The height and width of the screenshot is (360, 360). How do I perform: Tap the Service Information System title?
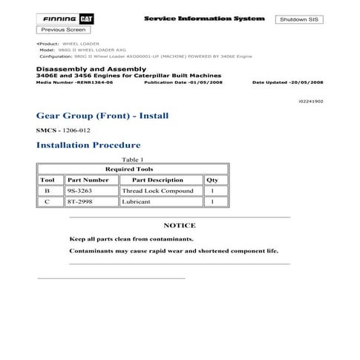pyautogui.click(x=194, y=17)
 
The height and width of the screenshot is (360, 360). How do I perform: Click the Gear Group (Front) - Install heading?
pyautogui.click(x=102, y=116)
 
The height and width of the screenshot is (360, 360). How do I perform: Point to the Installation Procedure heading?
pyautogui.click(x=88, y=145)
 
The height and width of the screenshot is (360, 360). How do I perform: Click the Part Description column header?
pyautogui.click(x=157, y=180)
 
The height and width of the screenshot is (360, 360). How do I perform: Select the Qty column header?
pyautogui.click(x=212, y=180)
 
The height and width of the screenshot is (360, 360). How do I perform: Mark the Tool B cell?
pyautogui.click(x=48, y=191)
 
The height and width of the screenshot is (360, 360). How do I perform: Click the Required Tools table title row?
pyautogui.click(x=129, y=169)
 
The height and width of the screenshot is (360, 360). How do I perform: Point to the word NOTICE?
pyautogui.click(x=179, y=225)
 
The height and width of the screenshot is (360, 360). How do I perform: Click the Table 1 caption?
pyautogui.click(x=131, y=160)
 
